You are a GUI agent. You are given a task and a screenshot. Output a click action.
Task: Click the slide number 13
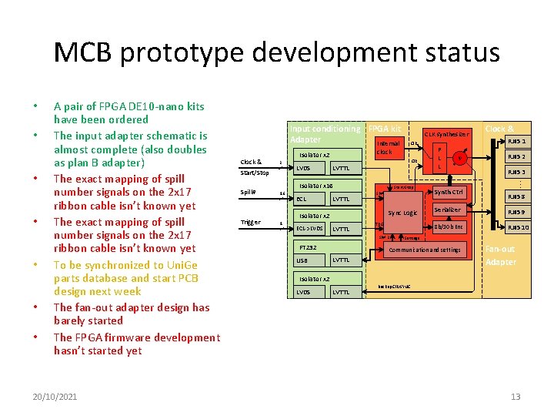tap(515, 396)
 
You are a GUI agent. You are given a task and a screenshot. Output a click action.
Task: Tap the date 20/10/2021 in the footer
tap(55, 396)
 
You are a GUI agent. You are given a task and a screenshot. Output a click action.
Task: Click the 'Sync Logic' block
tap(402, 212)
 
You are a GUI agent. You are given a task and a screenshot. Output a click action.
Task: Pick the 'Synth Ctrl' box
tap(448, 192)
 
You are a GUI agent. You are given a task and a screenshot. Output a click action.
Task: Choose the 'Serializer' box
tap(448, 210)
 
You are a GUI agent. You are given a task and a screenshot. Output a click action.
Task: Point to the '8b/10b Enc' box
tap(449, 227)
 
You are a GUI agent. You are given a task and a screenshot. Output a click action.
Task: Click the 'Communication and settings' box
tap(424, 250)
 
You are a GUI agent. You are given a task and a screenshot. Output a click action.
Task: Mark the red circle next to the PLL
tap(459, 158)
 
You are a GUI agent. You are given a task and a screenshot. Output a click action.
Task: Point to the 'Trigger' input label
tap(251, 222)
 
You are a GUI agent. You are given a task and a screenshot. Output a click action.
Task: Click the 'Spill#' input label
tap(248, 192)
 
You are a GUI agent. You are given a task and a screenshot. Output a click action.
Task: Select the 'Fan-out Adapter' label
tap(500, 255)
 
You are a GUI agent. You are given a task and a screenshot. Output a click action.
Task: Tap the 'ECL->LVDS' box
tap(310, 229)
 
